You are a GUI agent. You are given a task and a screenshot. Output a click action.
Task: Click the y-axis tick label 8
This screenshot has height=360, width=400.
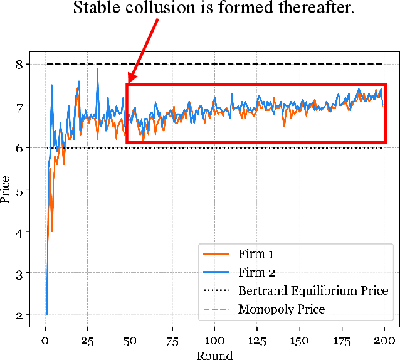[x=21, y=64]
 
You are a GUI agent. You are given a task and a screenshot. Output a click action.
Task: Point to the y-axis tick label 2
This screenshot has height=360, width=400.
[x=21, y=315]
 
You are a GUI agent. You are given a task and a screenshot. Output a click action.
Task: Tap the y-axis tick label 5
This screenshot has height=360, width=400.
[x=21, y=190]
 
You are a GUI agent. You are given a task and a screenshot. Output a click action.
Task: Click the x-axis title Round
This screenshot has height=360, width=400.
[x=214, y=355]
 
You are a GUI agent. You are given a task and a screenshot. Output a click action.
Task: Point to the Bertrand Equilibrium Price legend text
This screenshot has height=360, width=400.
[x=313, y=291]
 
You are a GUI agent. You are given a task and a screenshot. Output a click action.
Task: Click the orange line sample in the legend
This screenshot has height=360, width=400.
[x=217, y=254]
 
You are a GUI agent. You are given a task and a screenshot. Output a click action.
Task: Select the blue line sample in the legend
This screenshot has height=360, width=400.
[x=217, y=272]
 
